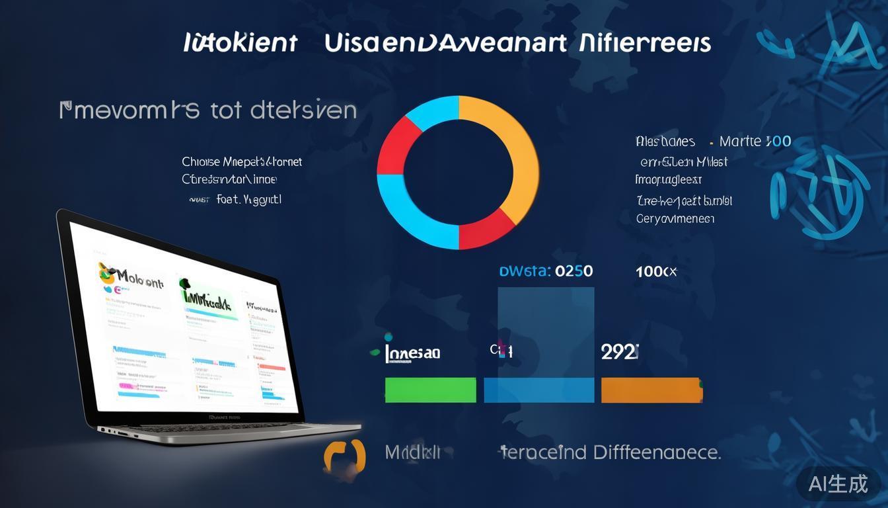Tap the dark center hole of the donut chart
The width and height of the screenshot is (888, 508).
pos(458,173)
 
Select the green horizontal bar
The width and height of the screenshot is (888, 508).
pos(430,390)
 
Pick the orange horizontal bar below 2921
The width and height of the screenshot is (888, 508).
pos(651,390)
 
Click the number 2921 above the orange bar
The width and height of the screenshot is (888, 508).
pos(619,352)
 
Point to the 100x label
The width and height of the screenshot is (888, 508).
pos(656,271)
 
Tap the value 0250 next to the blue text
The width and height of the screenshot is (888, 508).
pos(573,271)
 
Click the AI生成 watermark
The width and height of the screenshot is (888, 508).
pos(838,484)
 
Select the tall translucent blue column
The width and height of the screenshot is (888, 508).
pos(546,331)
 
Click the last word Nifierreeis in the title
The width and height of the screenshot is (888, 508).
pos(644,43)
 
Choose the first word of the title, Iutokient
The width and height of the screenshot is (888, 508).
pos(240,43)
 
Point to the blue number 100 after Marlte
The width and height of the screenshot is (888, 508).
pos(778,142)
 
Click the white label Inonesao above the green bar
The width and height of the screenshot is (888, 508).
pos(412,353)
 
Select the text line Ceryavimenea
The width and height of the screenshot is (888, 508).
pos(675,219)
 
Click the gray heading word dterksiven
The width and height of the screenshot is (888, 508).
pos(298,110)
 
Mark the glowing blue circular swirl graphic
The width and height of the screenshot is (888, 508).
pos(819,192)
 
